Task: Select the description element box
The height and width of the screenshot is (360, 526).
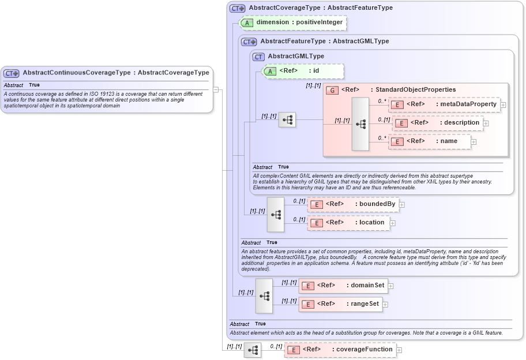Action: point(438,123)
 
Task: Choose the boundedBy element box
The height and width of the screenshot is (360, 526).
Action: point(352,204)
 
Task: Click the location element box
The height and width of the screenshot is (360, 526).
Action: point(348,223)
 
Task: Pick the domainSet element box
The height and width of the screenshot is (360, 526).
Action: point(343,285)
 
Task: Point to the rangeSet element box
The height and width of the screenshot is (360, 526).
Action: point(340,304)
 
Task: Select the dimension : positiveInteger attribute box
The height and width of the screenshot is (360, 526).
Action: point(292,22)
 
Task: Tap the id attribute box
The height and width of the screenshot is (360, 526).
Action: point(303,71)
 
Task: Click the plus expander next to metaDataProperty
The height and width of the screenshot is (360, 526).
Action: point(504,105)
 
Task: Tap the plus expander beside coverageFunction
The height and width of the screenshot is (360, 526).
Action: point(399,350)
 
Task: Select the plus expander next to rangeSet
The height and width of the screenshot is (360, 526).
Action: point(386,305)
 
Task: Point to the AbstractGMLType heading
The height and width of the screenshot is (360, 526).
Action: point(296,57)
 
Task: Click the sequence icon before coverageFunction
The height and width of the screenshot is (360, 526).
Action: point(253,350)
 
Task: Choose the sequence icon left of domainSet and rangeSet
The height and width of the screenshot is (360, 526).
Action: point(264,295)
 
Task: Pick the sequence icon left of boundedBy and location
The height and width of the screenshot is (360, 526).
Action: point(276,214)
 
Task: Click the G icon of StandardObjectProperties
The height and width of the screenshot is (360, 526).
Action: point(332,90)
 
